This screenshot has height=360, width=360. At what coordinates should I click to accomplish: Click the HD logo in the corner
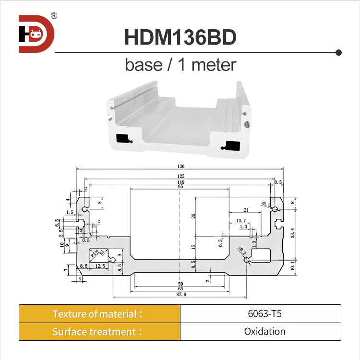(36, 33)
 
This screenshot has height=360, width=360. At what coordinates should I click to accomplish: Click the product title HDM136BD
(180, 37)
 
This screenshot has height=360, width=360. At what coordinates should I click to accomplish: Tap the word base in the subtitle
(144, 64)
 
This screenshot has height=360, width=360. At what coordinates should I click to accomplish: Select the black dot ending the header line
(338, 52)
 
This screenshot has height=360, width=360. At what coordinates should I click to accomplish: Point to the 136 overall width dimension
(180, 167)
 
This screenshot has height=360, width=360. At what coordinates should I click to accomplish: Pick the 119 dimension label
(180, 182)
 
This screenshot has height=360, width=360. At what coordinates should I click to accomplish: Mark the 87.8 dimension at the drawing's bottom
(180, 294)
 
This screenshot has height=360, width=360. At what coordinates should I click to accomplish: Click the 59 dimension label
(180, 284)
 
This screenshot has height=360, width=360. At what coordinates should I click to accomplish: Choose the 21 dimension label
(246, 210)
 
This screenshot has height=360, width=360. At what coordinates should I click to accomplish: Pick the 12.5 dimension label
(100, 266)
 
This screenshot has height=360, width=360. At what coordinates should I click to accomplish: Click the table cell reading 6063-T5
(260, 314)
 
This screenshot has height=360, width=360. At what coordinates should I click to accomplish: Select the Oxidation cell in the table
(260, 332)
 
